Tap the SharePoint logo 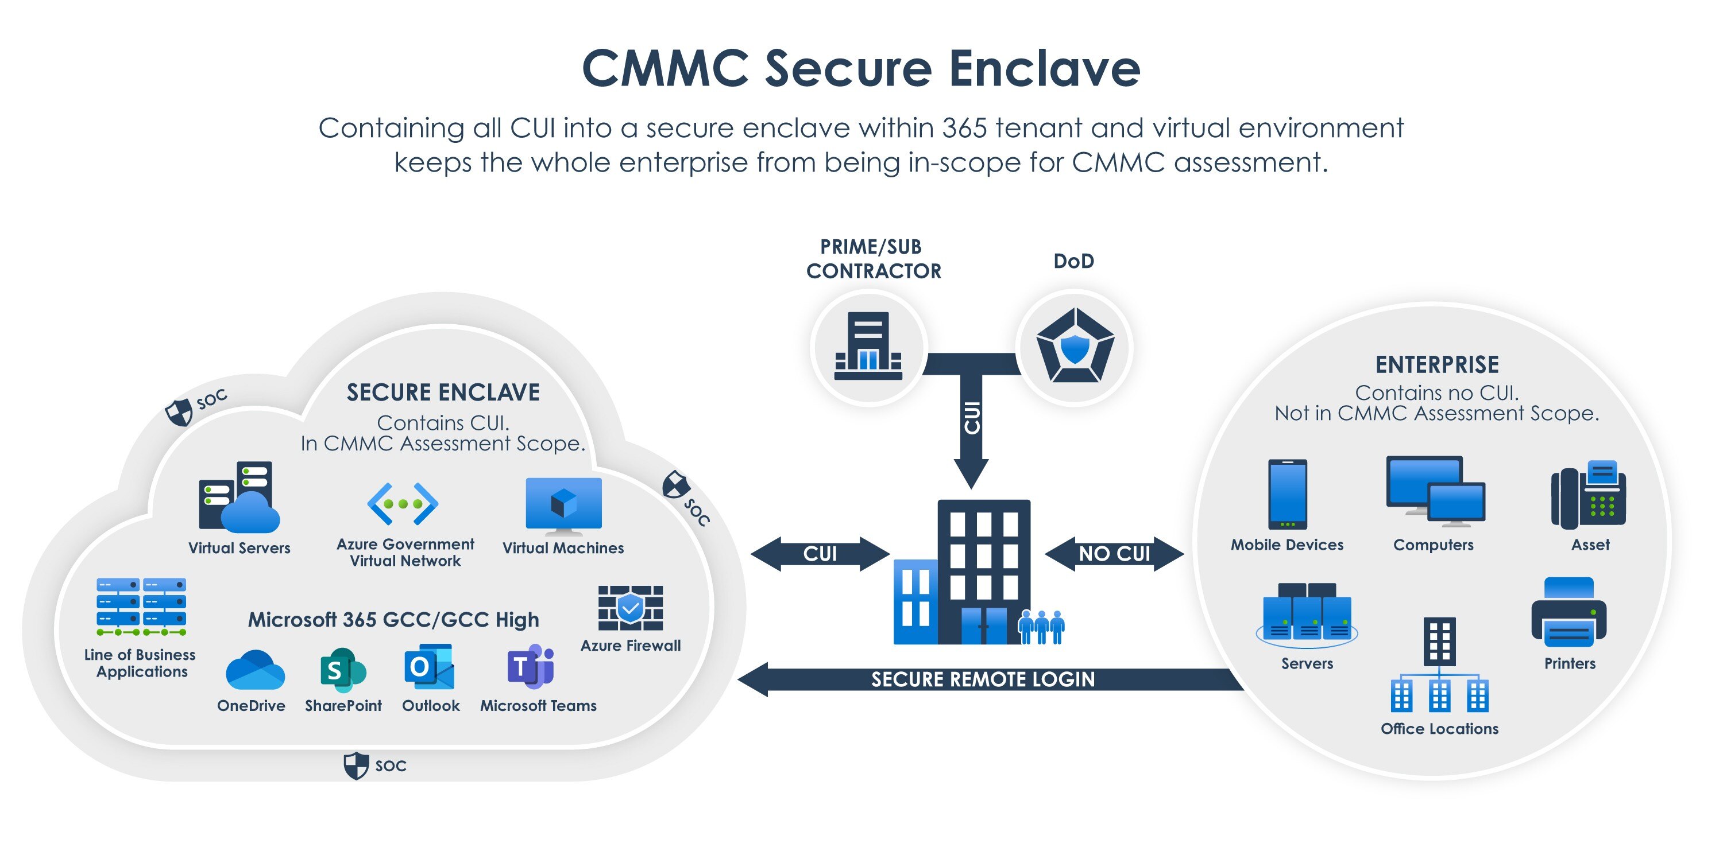pos(342,669)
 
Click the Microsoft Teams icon pos(531,666)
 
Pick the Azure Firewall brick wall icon pos(630,608)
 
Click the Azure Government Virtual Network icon pos(403,503)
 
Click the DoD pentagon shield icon pos(1074,346)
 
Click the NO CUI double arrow pos(1114,554)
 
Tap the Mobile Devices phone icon pos(1287,494)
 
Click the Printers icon pos(1569,612)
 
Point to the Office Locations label pos(1439,729)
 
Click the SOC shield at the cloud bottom pos(356,765)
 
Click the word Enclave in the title pos(1044,68)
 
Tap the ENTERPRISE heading pos(1437,365)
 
